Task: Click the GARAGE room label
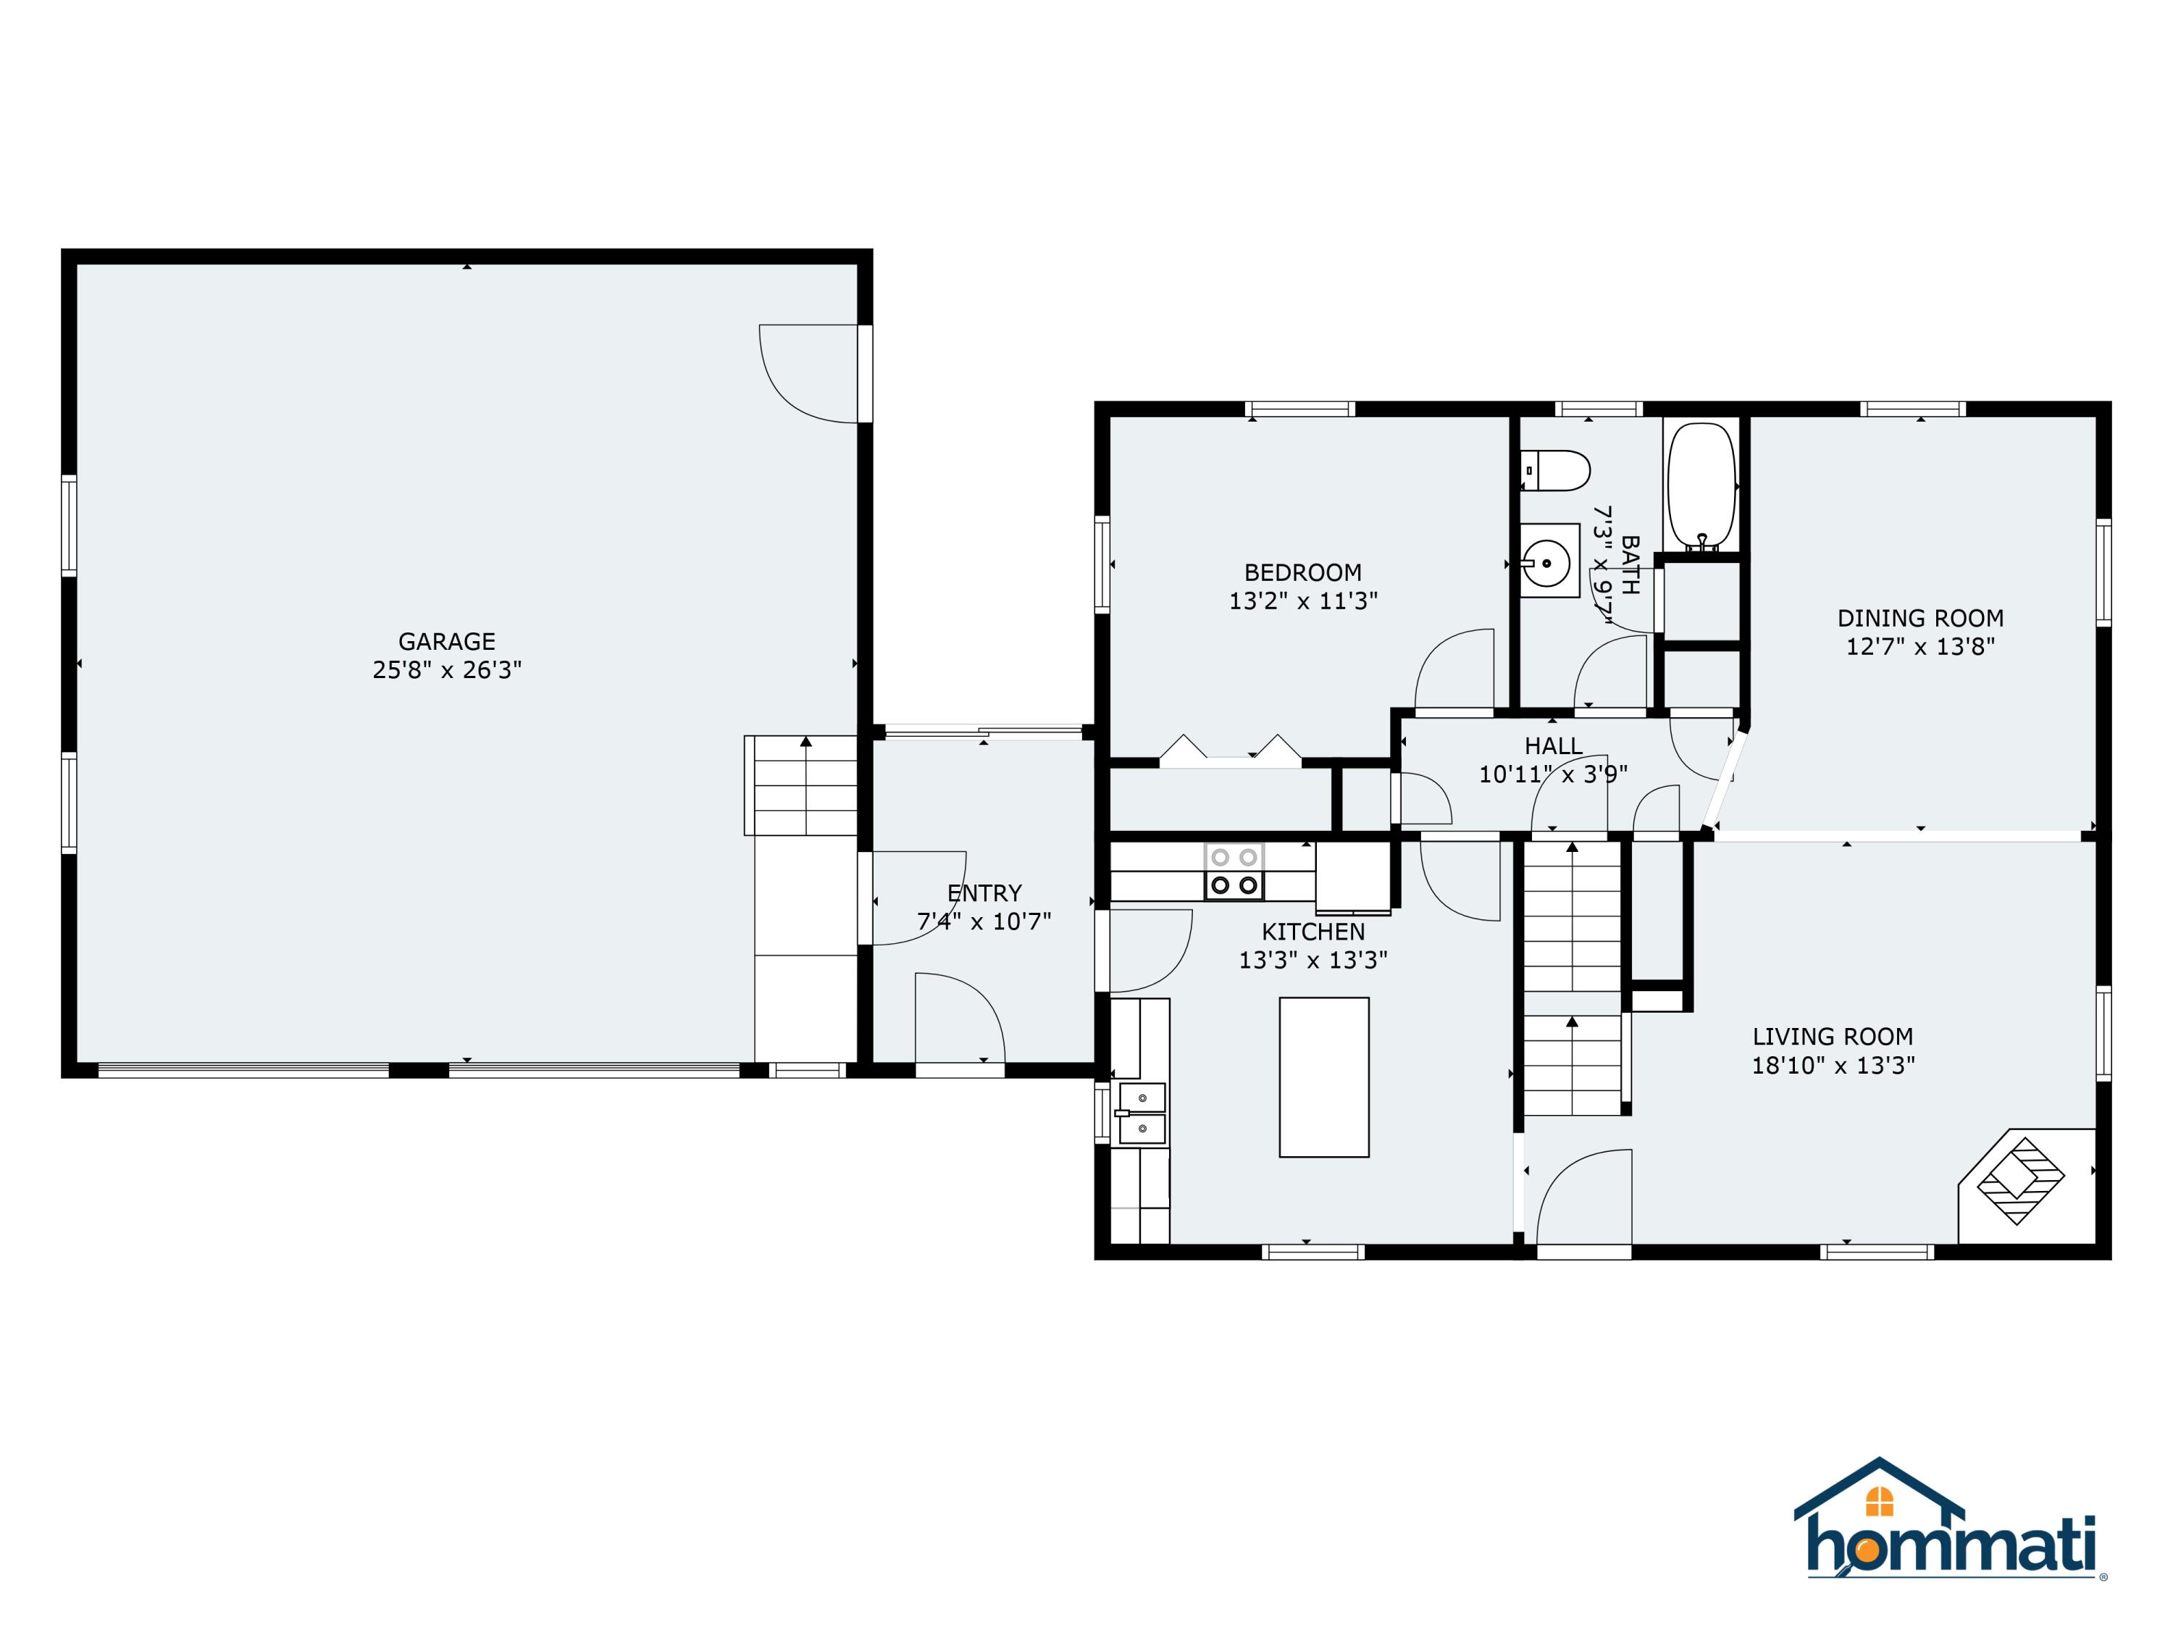446,642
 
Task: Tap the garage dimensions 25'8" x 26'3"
447,670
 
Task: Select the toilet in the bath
1555,471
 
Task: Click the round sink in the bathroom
1549,561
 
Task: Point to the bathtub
1701,485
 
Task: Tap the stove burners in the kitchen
1234,872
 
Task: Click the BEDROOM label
1302,573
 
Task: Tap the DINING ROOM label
1920,619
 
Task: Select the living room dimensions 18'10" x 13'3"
1833,1065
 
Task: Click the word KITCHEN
1313,932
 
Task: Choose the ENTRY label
984,893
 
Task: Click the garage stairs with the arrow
800,785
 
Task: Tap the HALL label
1553,745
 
